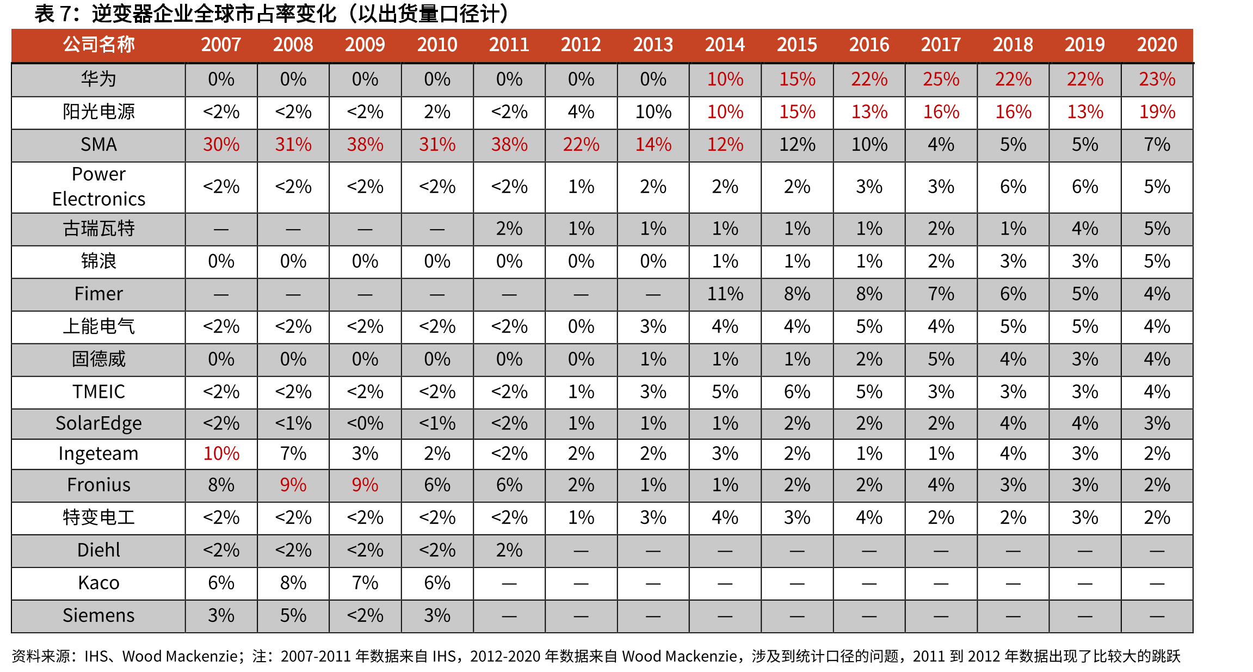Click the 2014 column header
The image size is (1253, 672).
tap(725, 45)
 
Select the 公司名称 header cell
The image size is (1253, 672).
tap(98, 45)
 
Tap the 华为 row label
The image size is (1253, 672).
tap(98, 79)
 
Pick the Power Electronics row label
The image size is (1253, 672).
tap(98, 187)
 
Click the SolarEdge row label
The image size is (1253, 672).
tap(98, 423)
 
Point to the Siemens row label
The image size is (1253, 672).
tap(98, 615)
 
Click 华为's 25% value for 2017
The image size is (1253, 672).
tap(941, 79)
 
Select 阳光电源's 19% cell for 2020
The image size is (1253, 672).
tap(1157, 112)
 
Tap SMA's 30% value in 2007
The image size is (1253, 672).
tap(221, 145)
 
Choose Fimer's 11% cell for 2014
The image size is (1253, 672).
tap(725, 294)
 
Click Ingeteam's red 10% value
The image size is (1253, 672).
tap(221, 453)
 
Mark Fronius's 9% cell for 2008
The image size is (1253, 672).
tap(293, 485)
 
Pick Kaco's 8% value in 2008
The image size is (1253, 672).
tap(293, 583)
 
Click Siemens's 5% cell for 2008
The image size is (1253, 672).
tap(293, 615)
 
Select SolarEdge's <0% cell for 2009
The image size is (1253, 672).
tap(365, 423)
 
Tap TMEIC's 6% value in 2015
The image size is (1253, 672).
tap(797, 392)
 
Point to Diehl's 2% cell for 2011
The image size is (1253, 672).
tap(509, 550)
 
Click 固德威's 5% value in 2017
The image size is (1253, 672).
tap(941, 359)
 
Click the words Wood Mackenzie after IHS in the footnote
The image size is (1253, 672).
tap(180, 656)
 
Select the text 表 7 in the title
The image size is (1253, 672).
tap(53, 14)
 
